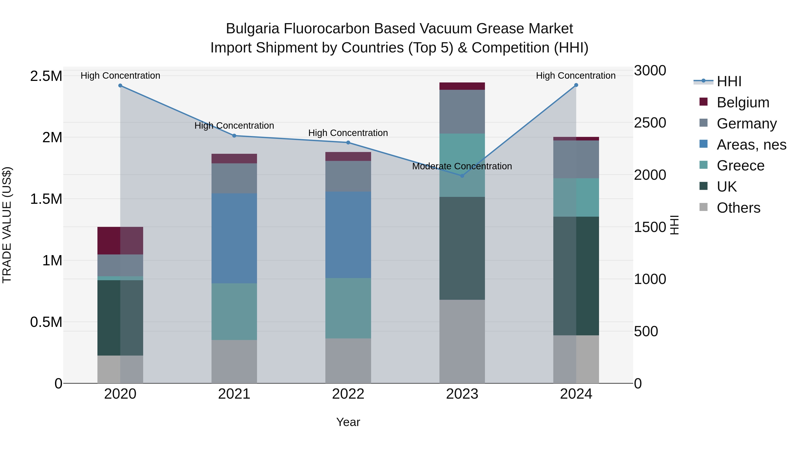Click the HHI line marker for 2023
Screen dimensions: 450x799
pos(462,176)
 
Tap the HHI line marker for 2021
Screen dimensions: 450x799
pos(234,136)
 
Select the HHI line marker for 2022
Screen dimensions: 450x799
pos(348,142)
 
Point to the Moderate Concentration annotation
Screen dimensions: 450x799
pos(462,166)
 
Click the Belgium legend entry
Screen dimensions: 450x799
pos(743,102)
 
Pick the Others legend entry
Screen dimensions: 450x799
pos(738,208)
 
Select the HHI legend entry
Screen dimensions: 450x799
pos(729,81)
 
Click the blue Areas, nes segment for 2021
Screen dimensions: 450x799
pos(234,238)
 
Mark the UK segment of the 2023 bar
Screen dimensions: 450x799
pos(462,248)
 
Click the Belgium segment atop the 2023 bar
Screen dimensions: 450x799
pos(462,86)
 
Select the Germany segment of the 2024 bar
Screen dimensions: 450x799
pos(576,159)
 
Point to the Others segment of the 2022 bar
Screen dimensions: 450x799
pos(348,361)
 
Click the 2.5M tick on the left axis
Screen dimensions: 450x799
pos(46,76)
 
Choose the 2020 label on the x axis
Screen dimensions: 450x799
pos(120,394)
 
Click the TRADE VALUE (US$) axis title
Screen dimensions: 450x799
pos(7,225)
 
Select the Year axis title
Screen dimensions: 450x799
pos(348,422)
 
